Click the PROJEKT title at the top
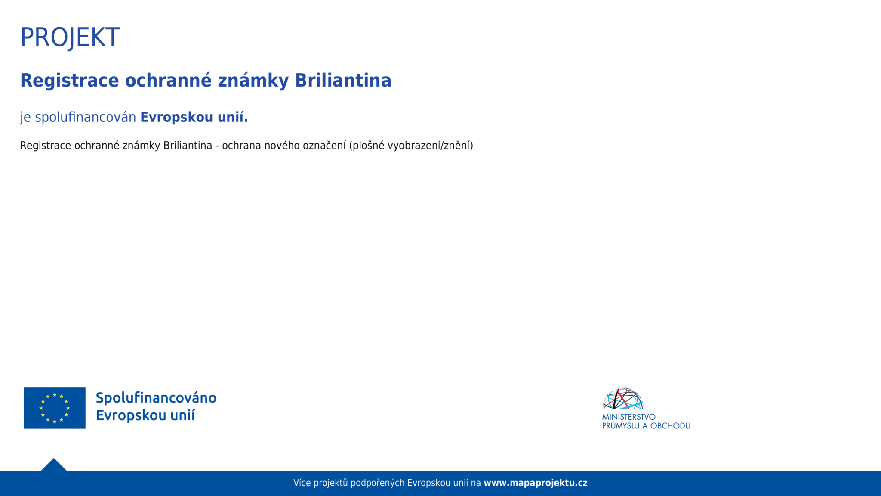(70, 37)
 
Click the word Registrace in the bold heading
(70, 81)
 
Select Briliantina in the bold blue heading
(343, 81)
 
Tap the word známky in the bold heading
(253, 81)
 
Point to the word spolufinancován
(85, 117)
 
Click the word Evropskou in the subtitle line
(176, 117)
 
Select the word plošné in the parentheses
(367, 146)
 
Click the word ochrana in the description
(242, 146)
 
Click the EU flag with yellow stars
(55, 408)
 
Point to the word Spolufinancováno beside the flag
(156, 398)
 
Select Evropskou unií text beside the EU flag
(145, 415)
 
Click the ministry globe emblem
(622, 398)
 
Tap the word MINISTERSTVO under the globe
(629, 417)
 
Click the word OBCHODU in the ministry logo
(670, 426)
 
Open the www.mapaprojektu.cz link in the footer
(536, 483)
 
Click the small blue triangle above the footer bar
(54, 465)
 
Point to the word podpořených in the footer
(378, 483)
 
